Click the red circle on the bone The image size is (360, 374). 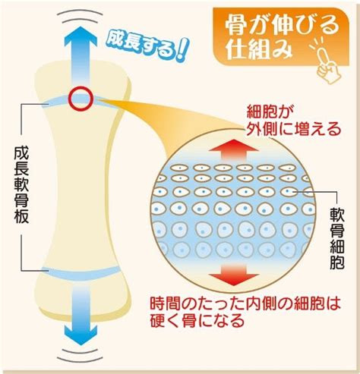pos(81,89)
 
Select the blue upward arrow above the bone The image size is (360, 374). pos(81,55)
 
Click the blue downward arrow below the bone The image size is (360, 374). pos(81,316)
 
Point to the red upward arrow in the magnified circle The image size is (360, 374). pos(234,149)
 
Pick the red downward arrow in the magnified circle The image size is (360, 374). pos(234,275)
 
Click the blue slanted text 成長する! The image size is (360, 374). pos(147,46)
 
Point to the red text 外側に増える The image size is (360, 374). pos(294,129)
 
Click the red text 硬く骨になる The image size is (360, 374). pos(197,321)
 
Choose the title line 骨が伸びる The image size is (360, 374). pos(282,25)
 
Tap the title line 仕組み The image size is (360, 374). pos(259,50)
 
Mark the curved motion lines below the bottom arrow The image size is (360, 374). pos(80,356)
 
